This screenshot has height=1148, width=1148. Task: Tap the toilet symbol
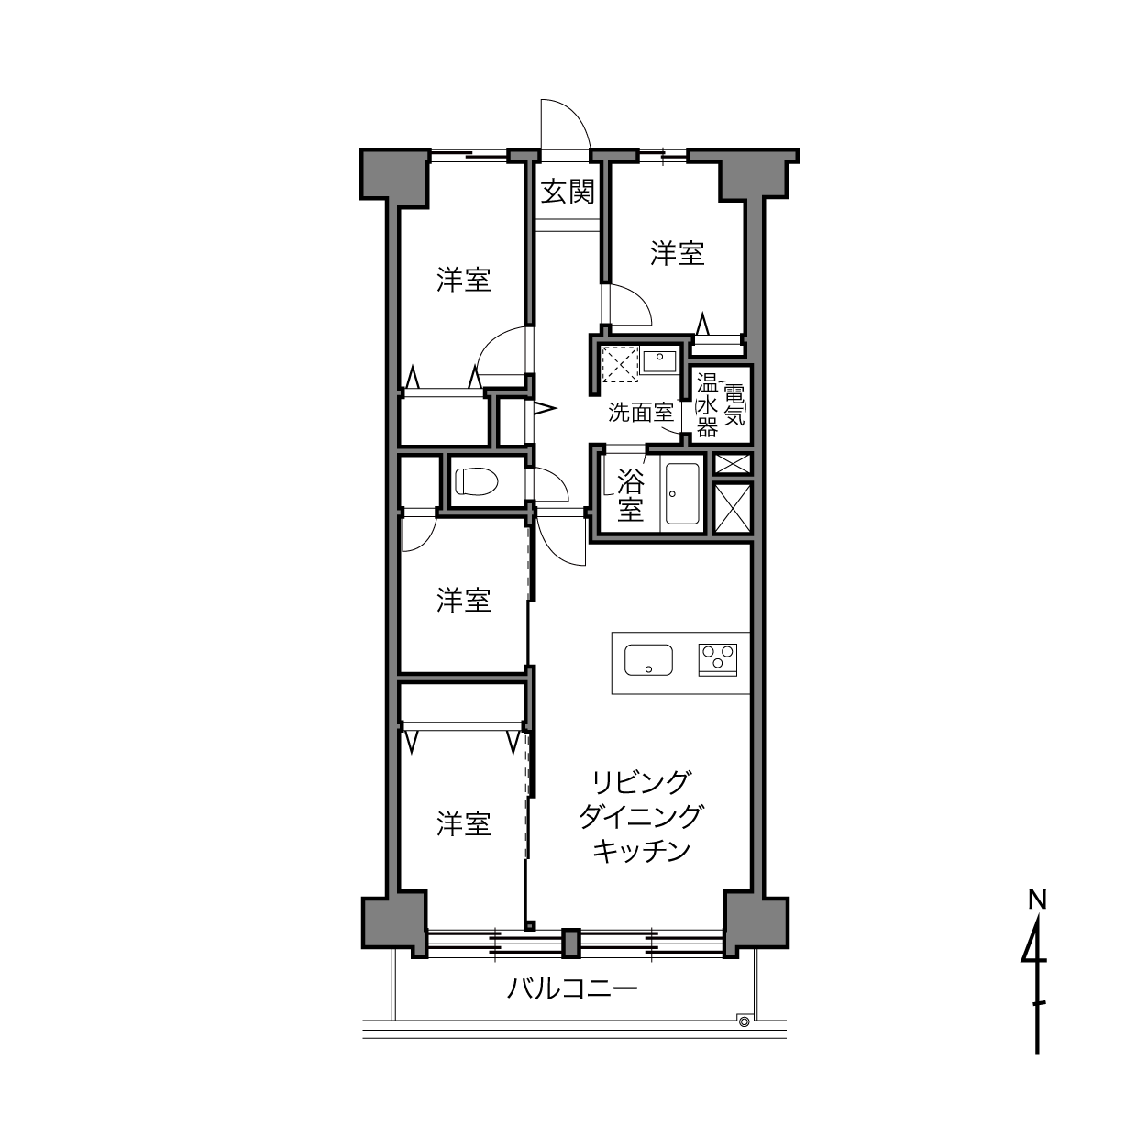click(476, 481)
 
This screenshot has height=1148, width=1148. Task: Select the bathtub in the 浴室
click(682, 493)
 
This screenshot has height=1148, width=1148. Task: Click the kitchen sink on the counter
click(648, 660)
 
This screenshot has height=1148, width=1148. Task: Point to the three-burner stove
click(717, 659)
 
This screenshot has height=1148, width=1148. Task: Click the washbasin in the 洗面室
click(659, 360)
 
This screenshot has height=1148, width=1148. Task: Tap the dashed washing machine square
click(620, 364)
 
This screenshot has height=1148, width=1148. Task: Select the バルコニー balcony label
click(572, 989)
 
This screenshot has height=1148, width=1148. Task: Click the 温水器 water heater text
click(707, 405)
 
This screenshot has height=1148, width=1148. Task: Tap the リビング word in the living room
click(641, 781)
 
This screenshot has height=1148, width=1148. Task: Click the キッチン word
click(641, 851)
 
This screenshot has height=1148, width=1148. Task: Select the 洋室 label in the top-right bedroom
click(677, 253)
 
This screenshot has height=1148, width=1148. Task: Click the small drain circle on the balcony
click(744, 1021)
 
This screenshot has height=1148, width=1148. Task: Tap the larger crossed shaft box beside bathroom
click(732, 508)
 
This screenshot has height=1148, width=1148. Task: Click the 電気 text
click(734, 405)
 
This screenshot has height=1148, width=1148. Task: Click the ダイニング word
click(641, 815)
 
